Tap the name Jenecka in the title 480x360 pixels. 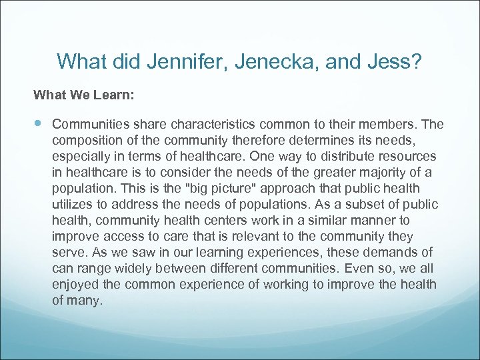coord(271,62)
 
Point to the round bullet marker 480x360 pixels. coord(37,123)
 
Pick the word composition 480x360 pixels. coord(83,141)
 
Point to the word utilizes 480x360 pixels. coord(74,205)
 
